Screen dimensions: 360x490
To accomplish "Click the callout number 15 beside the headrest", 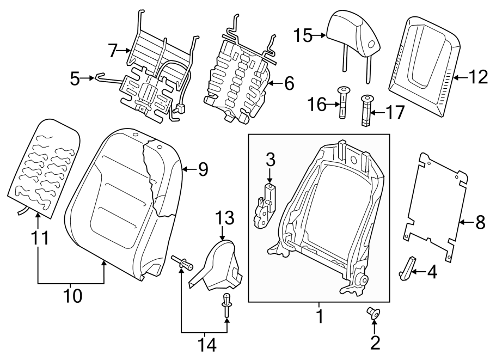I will (304, 36).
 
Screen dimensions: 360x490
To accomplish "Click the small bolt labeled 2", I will (373, 313).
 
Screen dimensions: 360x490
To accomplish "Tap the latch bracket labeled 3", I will (265, 206).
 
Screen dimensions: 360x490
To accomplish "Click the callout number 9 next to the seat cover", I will (203, 170).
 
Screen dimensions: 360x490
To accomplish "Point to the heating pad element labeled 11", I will (44, 169).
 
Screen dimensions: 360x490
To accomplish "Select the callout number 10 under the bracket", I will (71, 296).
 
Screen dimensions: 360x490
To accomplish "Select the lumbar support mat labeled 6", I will (237, 76).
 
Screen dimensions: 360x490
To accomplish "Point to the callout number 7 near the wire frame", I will (113, 51).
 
